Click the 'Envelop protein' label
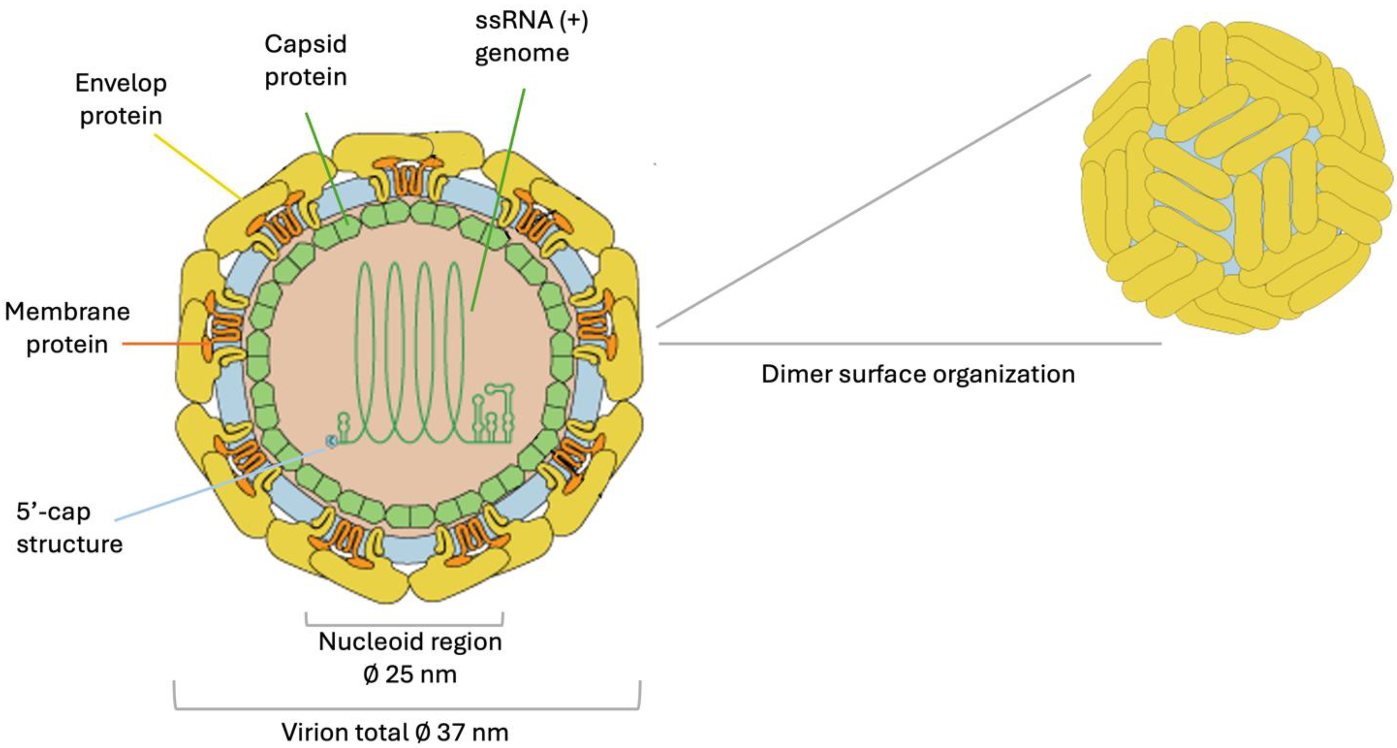tap(120, 99)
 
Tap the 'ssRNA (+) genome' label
tap(530, 36)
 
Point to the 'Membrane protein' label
tap(67, 328)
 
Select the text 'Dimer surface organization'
tap(918, 374)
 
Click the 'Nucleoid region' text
tap(409, 641)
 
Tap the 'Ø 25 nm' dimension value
tap(409, 674)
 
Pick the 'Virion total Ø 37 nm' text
tap(394, 732)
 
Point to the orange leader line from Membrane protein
tap(163, 344)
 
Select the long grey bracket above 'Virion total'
tap(407, 708)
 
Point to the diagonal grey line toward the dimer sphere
tap(873, 201)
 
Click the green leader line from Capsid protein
tap(325, 166)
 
